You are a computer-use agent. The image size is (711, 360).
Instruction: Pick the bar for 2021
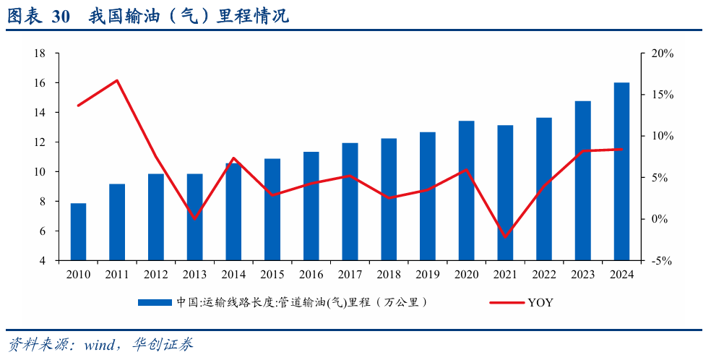click(x=505, y=192)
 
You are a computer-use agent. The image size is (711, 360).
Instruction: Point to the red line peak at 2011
click(x=117, y=80)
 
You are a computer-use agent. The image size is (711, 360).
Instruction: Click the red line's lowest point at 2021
click(x=505, y=237)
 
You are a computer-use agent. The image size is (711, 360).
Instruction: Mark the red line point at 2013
click(x=194, y=218)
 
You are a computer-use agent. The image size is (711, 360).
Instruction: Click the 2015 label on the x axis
click(x=272, y=275)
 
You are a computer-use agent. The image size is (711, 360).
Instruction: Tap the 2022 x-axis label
click(x=544, y=275)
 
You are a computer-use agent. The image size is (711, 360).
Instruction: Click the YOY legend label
click(x=540, y=303)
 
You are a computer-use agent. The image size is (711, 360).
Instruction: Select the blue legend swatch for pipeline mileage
click(x=155, y=303)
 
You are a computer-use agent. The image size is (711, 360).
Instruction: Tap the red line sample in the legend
click(x=506, y=303)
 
